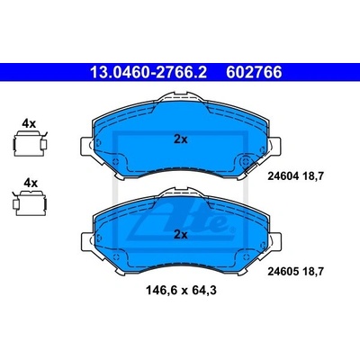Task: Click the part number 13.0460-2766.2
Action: (x=148, y=73)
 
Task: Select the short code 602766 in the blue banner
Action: (x=254, y=73)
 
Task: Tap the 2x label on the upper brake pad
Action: (x=181, y=139)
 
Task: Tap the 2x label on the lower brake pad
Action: (x=181, y=235)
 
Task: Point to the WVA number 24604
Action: (x=283, y=176)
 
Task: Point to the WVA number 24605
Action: (x=283, y=272)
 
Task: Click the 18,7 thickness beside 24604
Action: (x=313, y=176)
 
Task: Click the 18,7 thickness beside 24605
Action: (x=313, y=272)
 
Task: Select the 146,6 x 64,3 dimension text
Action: (x=181, y=291)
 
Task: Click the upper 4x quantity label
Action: (x=30, y=123)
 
